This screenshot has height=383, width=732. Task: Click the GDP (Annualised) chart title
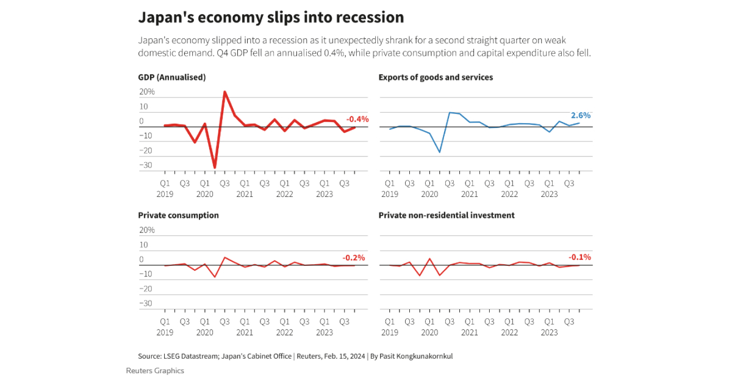pos(171,77)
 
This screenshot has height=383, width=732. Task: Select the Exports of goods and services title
pos(436,77)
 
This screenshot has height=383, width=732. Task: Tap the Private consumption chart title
pos(178,215)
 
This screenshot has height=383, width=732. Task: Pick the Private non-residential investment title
pos(447,215)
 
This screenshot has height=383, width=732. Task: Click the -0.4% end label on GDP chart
pos(357,120)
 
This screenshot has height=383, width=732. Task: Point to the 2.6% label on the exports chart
pos(581,115)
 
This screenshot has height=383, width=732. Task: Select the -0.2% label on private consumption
pos(354,257)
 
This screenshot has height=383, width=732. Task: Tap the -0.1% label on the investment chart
pos(579,257)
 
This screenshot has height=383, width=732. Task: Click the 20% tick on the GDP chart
pos(148,92)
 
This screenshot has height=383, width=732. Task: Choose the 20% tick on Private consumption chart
pos(148,230)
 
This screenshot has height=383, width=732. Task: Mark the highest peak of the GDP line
pos(224,92)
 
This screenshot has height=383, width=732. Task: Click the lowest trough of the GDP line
pos(215,167)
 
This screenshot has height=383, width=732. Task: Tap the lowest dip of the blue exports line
pos(440,152)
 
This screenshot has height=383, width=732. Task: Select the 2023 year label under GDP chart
pos(325,195)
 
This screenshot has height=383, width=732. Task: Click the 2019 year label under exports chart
pos(389,195)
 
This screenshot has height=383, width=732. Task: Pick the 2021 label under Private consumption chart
pos(245,332)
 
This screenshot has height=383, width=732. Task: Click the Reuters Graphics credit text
pos(155,370)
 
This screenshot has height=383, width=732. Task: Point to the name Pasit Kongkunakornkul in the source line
pos(415,356)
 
